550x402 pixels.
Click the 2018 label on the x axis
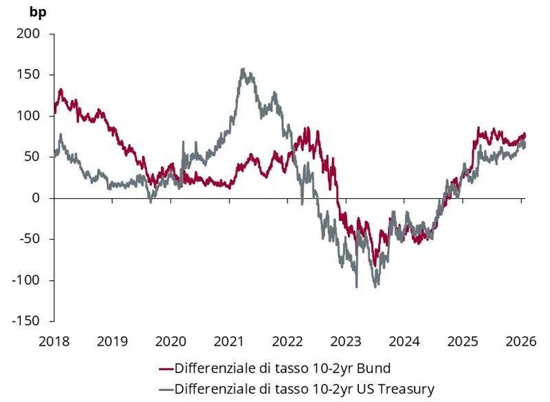click(54, 341)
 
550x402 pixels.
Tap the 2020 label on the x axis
click(171, 341)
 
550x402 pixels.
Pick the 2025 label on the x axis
click(463, 341)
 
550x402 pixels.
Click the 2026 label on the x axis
click(521, 341)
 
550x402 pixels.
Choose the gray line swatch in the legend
click(166, 390)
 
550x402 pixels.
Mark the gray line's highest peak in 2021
click(243, 69)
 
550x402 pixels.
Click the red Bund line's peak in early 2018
click(60, 89)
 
